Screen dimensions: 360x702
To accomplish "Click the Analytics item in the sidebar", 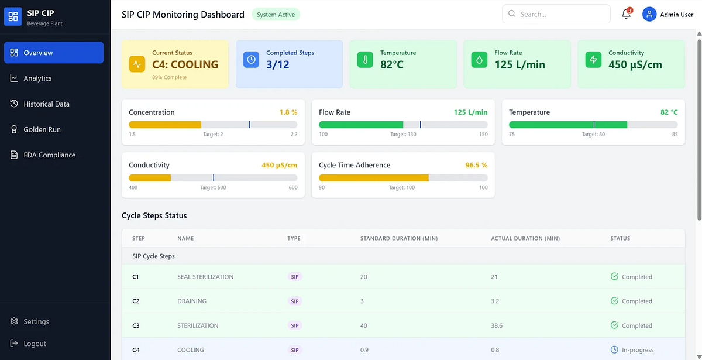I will tap(37, 78).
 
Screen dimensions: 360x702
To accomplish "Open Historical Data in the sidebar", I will tap(46, 104).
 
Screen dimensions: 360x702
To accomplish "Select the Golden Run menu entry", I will tap(42, 129).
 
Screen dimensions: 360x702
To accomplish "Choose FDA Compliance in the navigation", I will tap(49, 155).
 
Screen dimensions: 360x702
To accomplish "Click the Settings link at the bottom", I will tap(36, 321).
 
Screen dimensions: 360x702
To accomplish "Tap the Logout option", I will tap(35, 344).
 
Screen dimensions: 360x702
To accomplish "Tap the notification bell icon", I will tap(626, 15).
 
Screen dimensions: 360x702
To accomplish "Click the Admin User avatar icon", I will tap(649, 14).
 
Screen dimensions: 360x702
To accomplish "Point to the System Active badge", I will tap(276, 15).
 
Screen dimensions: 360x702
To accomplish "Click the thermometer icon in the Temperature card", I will tap(365, 60).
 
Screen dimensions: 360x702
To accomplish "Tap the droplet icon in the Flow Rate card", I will tap(479, 60).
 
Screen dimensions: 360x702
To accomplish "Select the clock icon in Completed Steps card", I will tap(251, 60).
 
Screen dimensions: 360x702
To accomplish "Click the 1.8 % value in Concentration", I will tap(288, 112).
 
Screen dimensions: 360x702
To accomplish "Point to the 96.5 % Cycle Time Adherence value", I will tap(476, 165).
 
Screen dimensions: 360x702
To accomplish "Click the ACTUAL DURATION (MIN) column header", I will tap(525, 238).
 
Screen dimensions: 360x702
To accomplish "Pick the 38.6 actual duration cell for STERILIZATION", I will tap(497, 325).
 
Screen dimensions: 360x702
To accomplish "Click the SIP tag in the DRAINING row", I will tap(294, 301).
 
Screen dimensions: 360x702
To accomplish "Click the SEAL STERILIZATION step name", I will tap(205, 277).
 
